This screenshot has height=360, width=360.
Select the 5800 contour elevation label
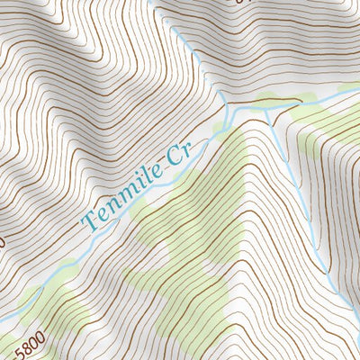28,343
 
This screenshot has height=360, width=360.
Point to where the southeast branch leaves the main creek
270,109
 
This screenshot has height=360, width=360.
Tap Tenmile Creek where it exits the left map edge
3,319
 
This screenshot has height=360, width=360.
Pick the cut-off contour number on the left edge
3,241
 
